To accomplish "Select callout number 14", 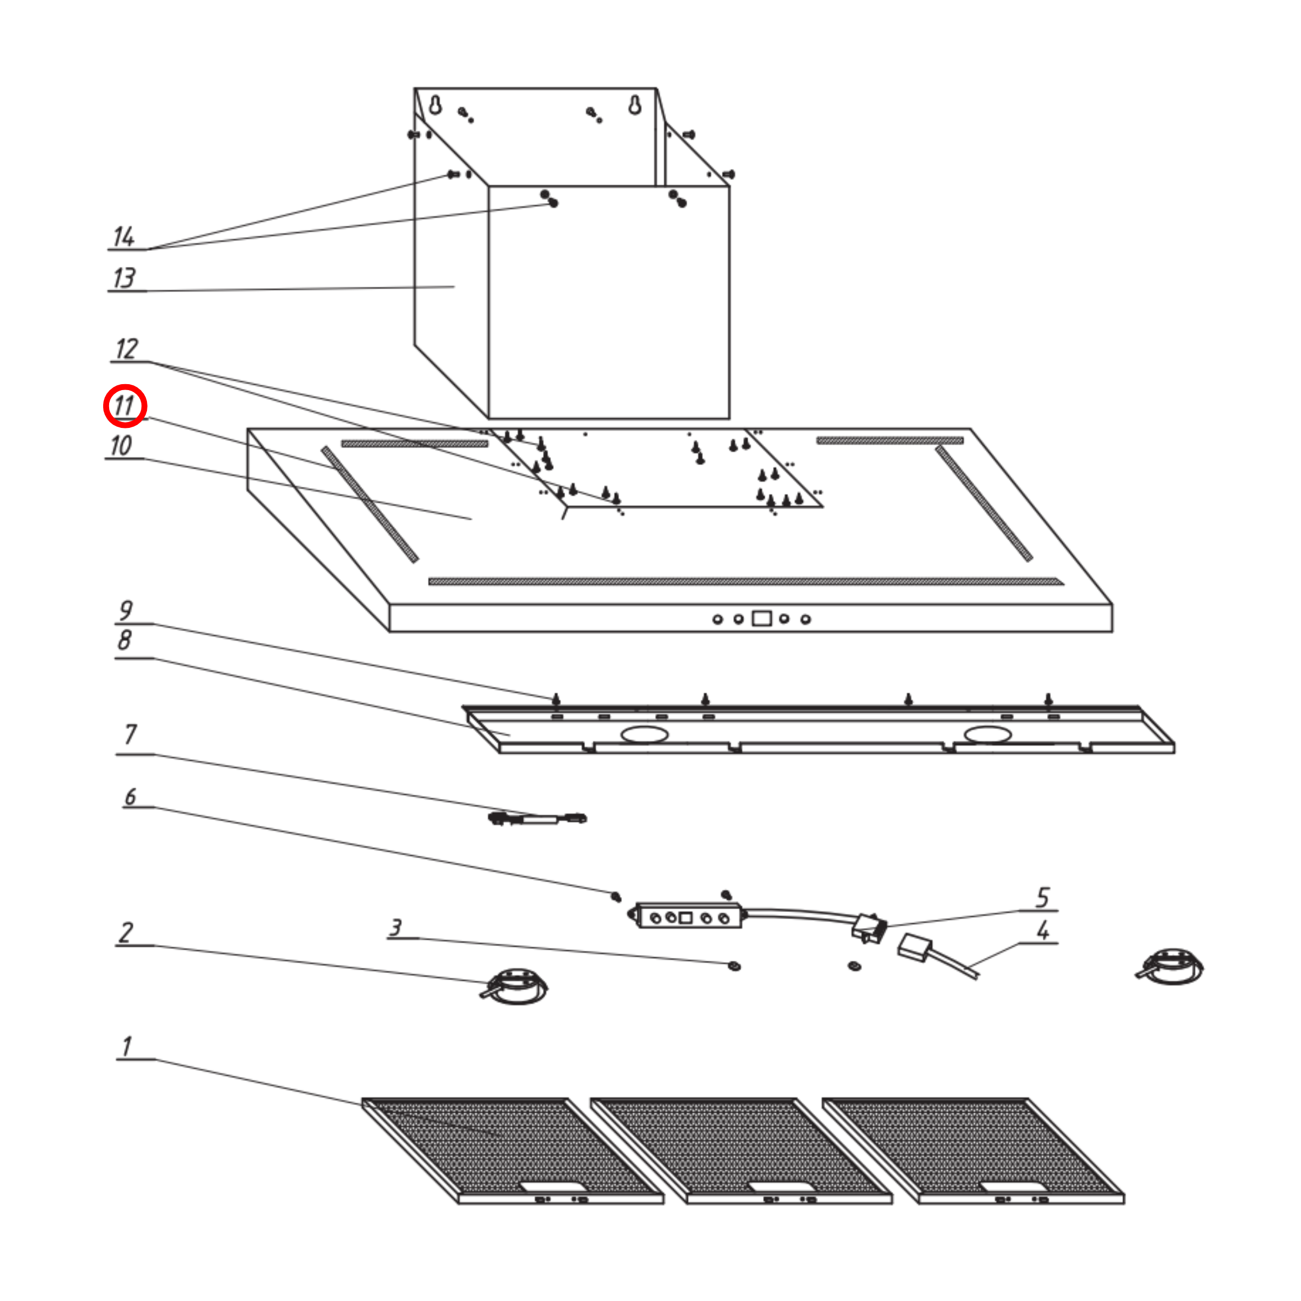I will (124, 237).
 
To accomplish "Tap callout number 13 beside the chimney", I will (124, 278).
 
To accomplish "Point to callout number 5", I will (1042, 897).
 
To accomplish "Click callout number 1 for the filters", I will (126, 1047).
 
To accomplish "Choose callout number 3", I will (396, 928).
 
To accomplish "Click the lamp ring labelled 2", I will (515, 987).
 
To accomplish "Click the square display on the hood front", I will (762, 618).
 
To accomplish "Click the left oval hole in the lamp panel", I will (645, 734).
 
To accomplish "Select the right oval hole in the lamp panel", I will (987, 734).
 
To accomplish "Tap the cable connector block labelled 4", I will (914, 948).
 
